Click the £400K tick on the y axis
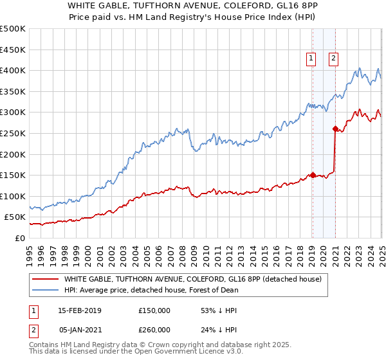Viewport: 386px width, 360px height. point(13,70)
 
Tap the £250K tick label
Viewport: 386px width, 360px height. point(13,133)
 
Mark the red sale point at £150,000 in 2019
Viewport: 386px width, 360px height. point(313,175)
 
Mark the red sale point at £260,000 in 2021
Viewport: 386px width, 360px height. point(335,129)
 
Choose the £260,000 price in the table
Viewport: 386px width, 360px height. point(154,330)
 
